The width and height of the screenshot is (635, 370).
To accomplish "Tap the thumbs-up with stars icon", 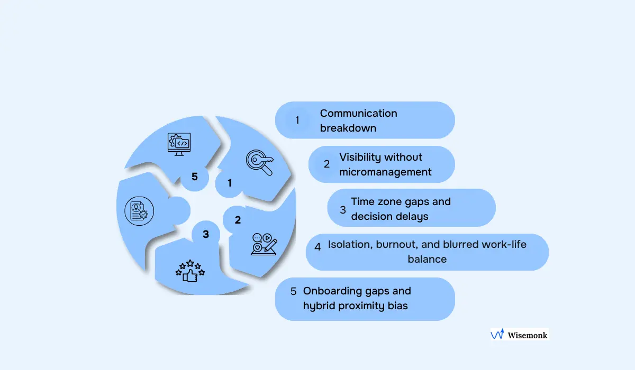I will (x=190, y=270).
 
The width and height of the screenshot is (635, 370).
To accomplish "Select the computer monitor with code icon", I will (x=179, y=143).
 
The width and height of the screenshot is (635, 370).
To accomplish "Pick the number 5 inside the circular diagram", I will (x=195, y=177).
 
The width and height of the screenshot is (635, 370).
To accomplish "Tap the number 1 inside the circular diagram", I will (x=230, y=183).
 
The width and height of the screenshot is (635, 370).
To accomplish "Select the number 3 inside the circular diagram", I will (x=206, y=234).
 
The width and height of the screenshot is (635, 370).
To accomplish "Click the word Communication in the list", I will (x=358, y=113).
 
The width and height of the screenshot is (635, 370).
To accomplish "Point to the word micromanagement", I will (x=385, y=172).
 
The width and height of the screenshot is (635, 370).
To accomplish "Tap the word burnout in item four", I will (x=397, y=244).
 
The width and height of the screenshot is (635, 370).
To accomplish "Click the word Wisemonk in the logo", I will (x=527, y=335).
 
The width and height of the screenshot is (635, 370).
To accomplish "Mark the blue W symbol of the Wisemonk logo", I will (x=497, y=335).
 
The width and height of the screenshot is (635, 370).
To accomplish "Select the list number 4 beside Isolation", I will (x=317, y=246).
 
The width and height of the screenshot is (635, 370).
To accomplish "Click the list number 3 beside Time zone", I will (x=343, y=209).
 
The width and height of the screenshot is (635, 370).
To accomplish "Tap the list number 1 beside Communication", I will (x=297, y=120).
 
